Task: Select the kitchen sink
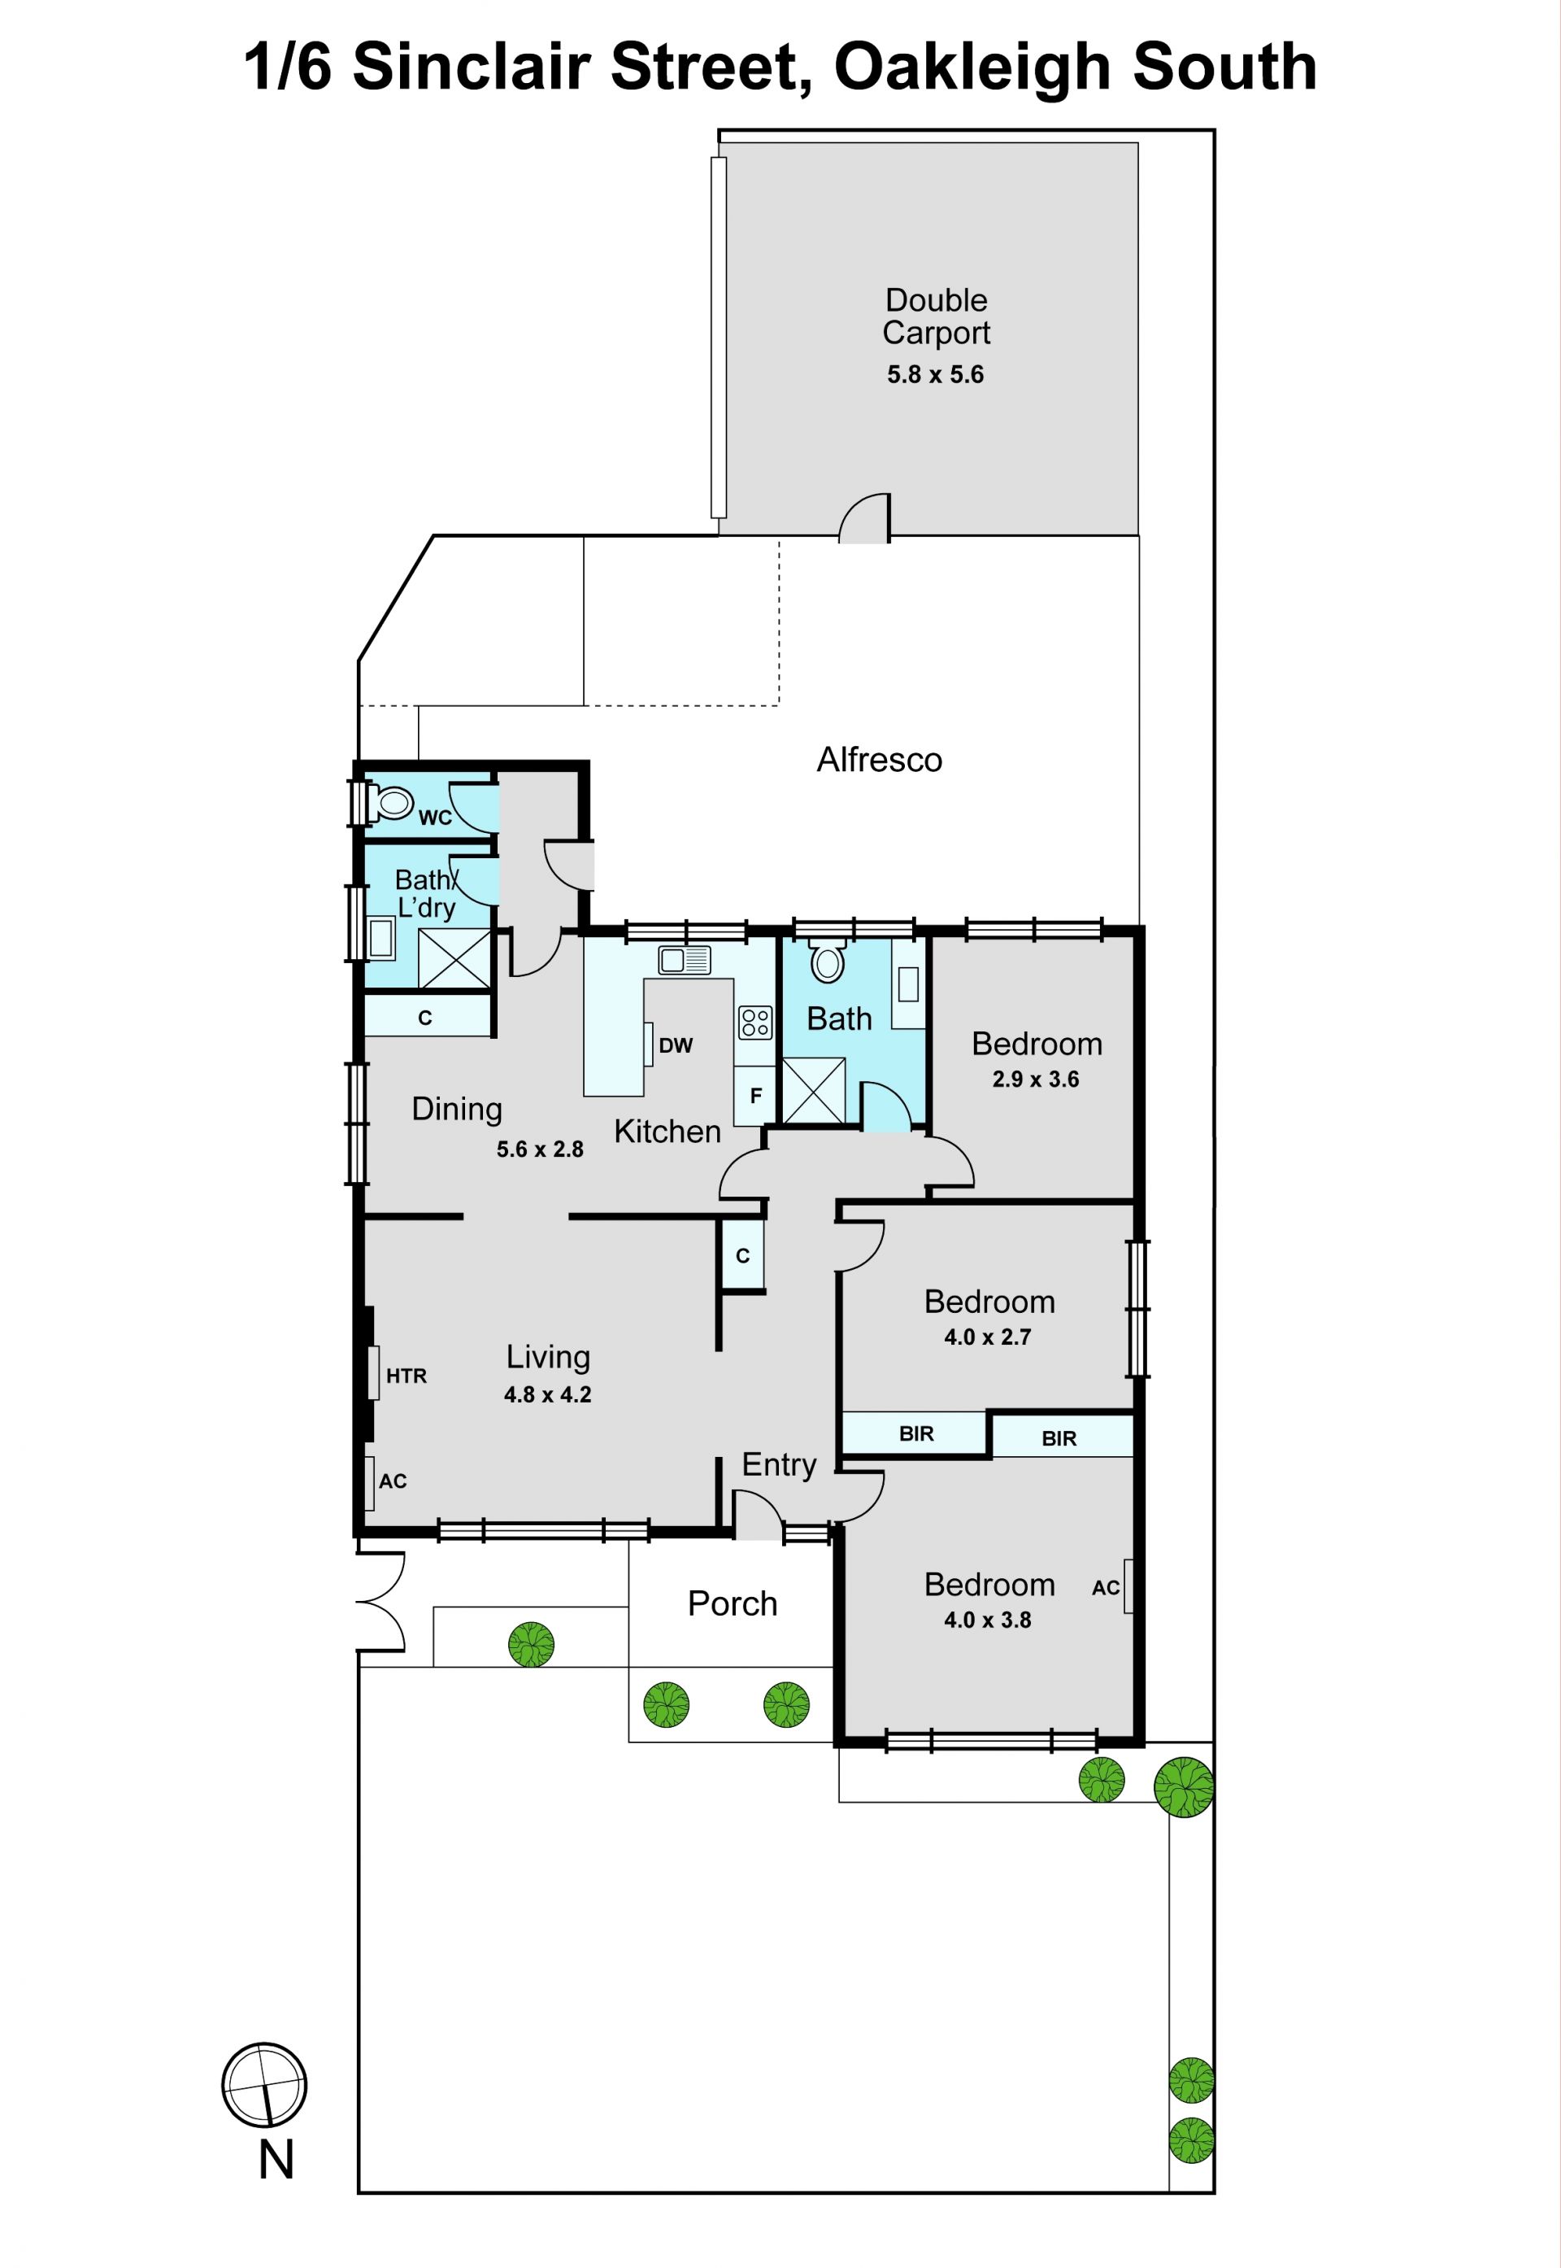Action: [685, 960]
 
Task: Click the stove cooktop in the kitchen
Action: [755, 1023]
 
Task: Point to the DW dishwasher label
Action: [676, 1045]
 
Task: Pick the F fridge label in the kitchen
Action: [755, 1096]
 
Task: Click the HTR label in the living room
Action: [407, 1376]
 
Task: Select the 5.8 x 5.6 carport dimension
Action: [935, 375]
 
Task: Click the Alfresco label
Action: [880, 761]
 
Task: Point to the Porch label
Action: [733, 1603]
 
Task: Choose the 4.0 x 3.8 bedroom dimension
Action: [988, 1620]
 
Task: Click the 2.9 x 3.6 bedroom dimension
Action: [1036, 1079]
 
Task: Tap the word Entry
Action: [779, 1465]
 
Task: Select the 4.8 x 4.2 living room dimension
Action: [548, 1394]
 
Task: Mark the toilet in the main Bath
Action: [828, 960]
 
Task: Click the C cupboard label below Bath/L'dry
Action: [424, 1018]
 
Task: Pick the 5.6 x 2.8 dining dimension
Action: [540, 1149]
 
